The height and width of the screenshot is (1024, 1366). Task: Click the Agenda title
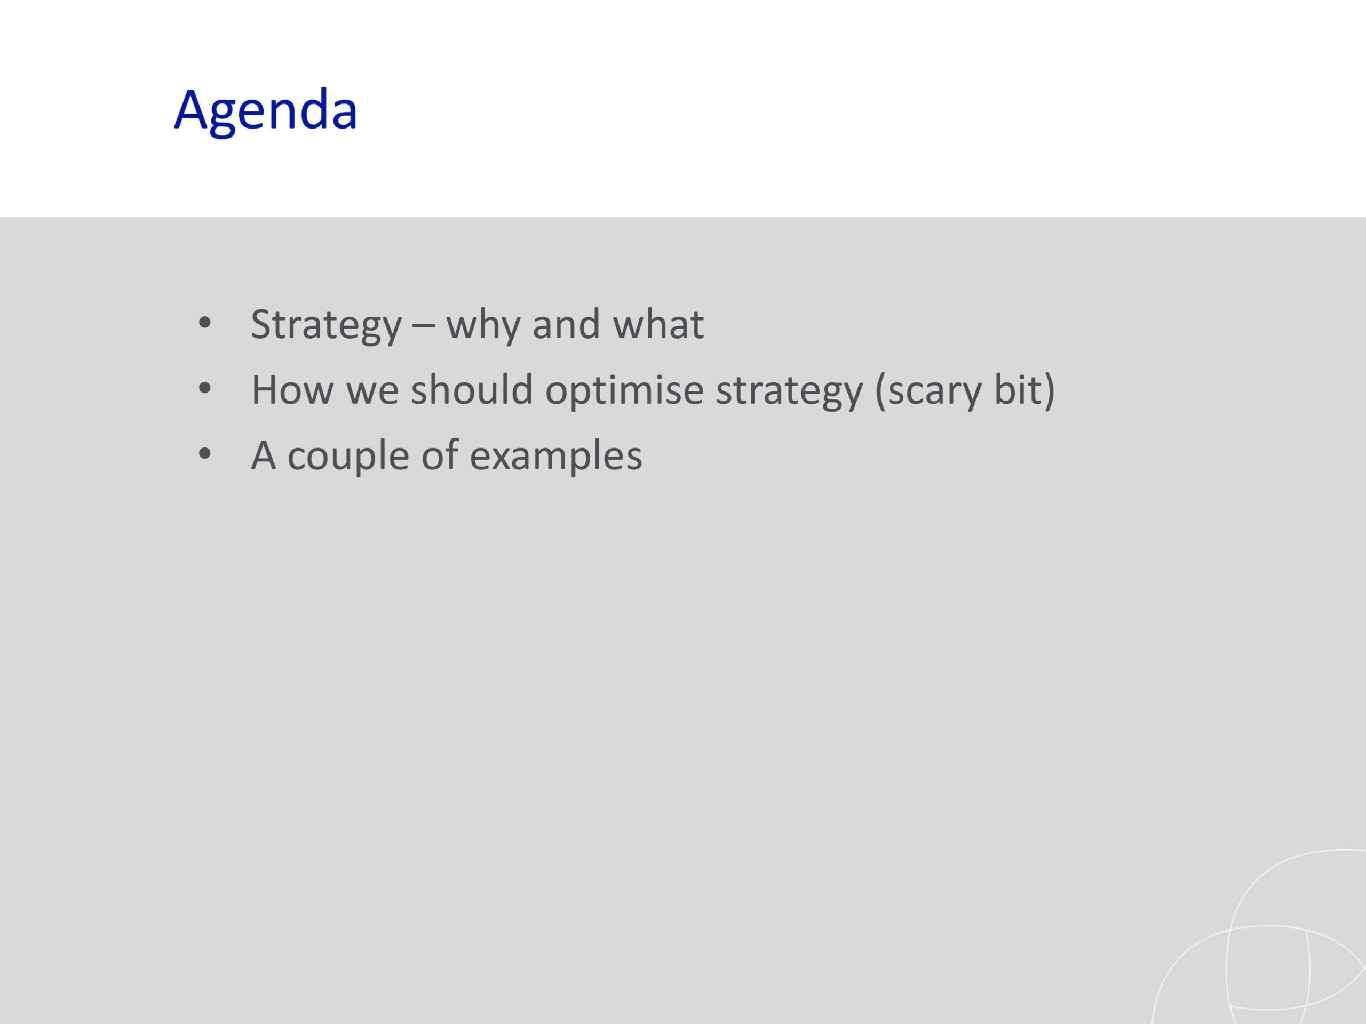(266, 111)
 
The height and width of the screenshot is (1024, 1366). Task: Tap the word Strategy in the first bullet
(326, 325)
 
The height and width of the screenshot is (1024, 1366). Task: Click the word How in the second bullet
(292, 390)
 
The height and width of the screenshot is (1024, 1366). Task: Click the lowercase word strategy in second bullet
(789, 393)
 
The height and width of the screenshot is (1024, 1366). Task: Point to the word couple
(348, 458)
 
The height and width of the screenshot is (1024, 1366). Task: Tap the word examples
(556, 458)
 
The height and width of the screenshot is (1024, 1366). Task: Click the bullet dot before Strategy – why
(205, 323)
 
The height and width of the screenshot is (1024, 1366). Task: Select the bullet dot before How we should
(205, 389)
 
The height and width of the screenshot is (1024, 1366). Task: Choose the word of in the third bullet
(440, 454)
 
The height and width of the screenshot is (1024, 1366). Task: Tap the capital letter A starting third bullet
(264, 455)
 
